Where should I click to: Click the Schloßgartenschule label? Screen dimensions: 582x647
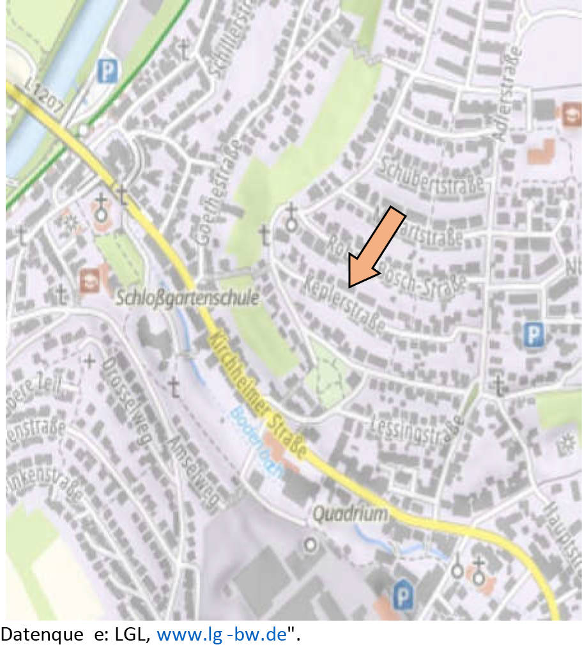(x=188, y=298)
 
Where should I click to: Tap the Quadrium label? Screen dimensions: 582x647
(x=350, y=513)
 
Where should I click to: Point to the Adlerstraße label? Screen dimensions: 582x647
(x=508, y=93)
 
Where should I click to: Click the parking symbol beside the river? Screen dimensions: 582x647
(x=108, y=71)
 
